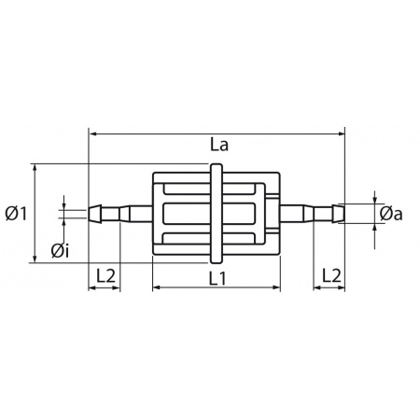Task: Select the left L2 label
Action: (x=105, y=275)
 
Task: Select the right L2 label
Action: (x=329, y=275)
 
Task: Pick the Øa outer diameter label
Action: (x=391, y=215)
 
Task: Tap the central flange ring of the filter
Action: (x=217, y=214)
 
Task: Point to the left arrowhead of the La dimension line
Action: (x=93, y=133)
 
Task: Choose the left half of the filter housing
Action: (x=182, y=214)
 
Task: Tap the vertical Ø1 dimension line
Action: (x=35, y=233)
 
